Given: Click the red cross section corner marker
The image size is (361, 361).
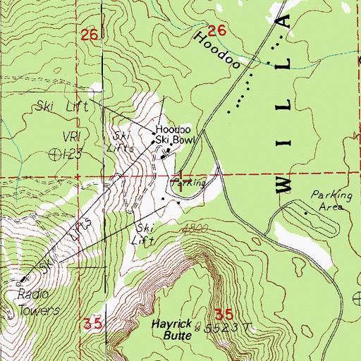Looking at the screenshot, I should (x=180, y=177).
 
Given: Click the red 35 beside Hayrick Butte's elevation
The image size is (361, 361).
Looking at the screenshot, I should (x=223, y=313).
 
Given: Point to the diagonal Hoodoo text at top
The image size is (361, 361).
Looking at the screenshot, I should (x=224, y=49).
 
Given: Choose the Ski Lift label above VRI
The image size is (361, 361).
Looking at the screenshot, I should (x=61, y=109).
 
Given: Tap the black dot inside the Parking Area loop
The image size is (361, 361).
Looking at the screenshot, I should (x=305, y=212).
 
